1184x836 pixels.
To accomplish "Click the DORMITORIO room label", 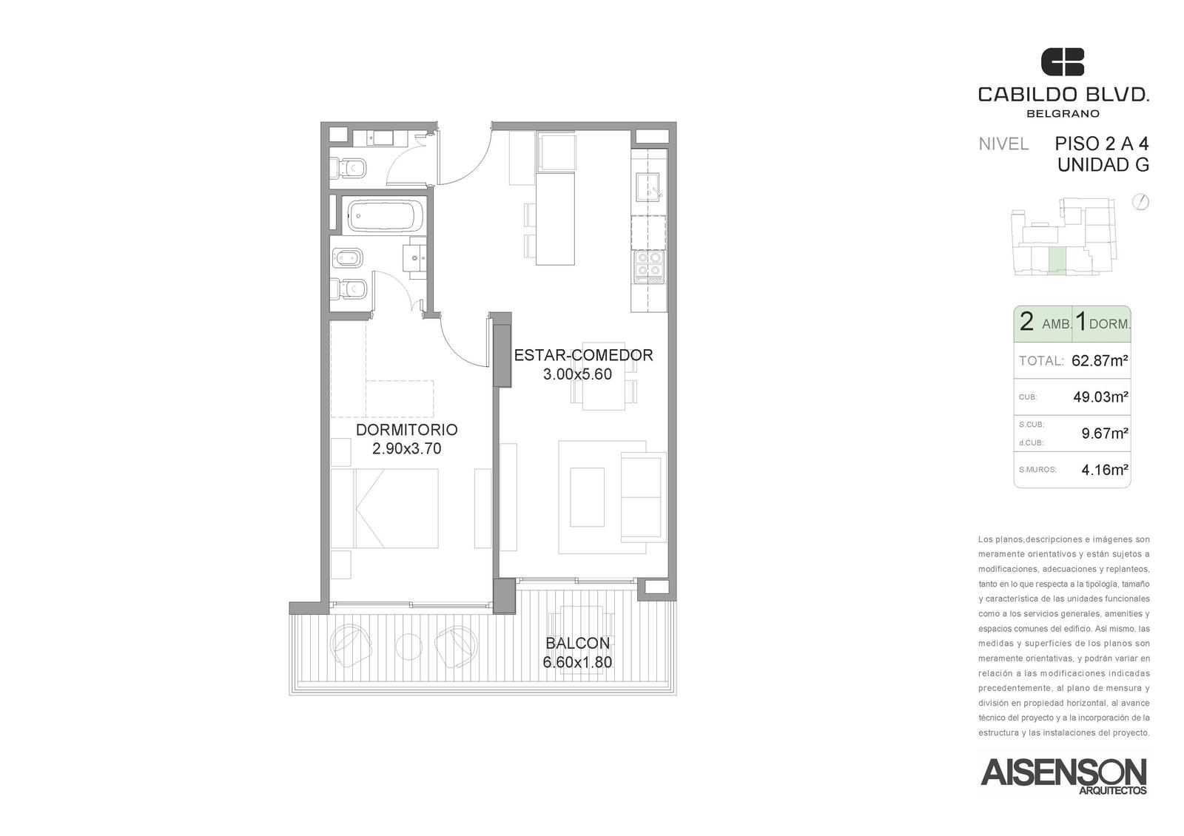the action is pos(406,430).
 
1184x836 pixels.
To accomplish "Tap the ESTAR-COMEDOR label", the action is pos(584,355).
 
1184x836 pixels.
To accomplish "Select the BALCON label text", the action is pos(578,643).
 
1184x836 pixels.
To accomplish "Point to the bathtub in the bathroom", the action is pos(386,215).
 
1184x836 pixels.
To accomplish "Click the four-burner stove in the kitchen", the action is pos(649,266).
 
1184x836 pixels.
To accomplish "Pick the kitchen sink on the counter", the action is pos(647,186).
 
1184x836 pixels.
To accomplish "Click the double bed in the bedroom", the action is pos(384,508).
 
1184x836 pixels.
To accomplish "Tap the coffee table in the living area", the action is pos(587,496).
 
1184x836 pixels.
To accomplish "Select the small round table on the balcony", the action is pos(408,646).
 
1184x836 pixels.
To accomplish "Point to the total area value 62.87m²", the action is pos(1100,361).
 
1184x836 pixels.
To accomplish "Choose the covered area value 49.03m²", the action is pos(1100,397).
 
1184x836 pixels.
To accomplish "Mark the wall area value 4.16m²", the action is pos(1105,469).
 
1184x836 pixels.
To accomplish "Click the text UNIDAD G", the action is pos(1103,166).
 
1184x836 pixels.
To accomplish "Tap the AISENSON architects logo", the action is pos(1063,776).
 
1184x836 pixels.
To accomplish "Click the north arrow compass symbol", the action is pos(1141,203).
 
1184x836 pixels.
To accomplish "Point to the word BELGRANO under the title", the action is pos(1062,114).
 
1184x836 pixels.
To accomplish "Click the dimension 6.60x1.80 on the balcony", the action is pos(577,662).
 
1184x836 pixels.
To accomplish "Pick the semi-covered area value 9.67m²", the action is pos(1105,434).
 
